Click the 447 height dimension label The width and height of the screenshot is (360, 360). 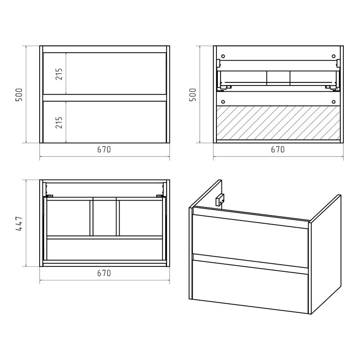pos(19,223)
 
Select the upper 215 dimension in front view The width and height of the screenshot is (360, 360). pos(59,74)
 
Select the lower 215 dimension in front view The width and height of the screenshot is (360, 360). pos(59,122)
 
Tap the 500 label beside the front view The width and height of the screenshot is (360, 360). pos(19,94)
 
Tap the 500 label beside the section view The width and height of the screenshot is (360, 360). pos(193,94)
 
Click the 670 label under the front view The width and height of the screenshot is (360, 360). pos(104,149)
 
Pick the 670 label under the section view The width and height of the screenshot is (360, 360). pos(278,149)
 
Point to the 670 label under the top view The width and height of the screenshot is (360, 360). pos(104,273)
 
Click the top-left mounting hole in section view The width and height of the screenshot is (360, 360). pos(223,56)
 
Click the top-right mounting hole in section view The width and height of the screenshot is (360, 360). pos(333,56)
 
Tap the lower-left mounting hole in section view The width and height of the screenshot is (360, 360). pos(223,102)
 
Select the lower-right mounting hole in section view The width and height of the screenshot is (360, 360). pos(333,102)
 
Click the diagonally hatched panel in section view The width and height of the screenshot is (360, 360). pos(278,122)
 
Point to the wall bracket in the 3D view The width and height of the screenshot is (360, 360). pos(220,199)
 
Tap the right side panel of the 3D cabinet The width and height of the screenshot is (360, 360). pos(325,254)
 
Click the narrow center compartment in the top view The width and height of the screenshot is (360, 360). pos(105,218)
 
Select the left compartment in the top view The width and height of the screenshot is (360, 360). pos(68,218)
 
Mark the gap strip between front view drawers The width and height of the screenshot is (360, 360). pos(104,98)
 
